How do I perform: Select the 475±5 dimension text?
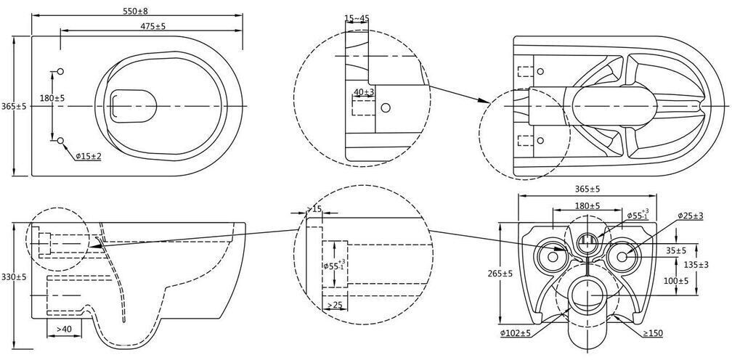(x=153, y=26)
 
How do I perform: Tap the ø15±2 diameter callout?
(x=89, y=157)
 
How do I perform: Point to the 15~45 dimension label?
(x=357, y=18)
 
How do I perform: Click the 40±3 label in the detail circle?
(x=364, y=92)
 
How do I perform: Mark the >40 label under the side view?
(x=64, y=330)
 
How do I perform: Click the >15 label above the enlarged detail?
(x=314, y=208)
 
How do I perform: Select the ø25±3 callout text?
(x=691, y=216)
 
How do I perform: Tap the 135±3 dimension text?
(x=709, y=265)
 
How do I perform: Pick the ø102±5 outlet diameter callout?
(x=516, y=333)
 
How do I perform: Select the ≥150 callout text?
(x=653, y=333)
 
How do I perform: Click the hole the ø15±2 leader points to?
(x=60, y=141)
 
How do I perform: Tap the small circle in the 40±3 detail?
(x=385, y=107)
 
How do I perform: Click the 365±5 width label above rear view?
(x=587, y=189)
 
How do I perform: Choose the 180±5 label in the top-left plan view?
(x=52, y=99)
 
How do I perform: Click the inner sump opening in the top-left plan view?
(x=133, y=106)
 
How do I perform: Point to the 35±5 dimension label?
(x=676, y=251)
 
